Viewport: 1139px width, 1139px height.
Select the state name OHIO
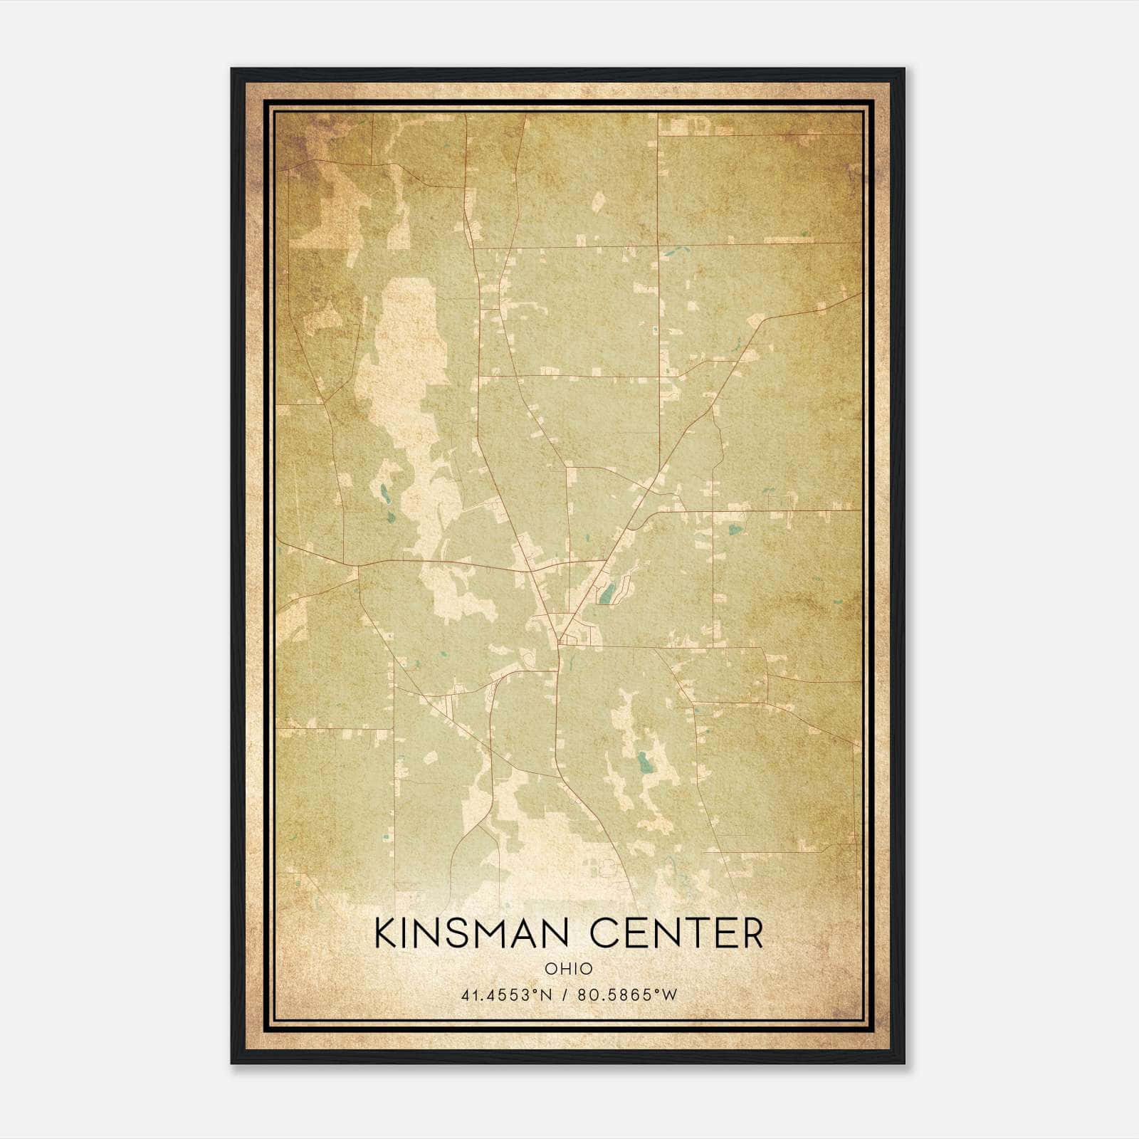point(568,969)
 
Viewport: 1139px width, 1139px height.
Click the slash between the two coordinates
point(565,995)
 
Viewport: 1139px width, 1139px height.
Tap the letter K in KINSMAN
point(387,933)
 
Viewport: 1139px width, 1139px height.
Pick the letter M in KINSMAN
point(498,933)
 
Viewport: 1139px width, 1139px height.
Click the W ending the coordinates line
point(669,995)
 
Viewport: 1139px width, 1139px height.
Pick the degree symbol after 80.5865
point(656,991)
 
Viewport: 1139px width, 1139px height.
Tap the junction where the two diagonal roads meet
point(560,639)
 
